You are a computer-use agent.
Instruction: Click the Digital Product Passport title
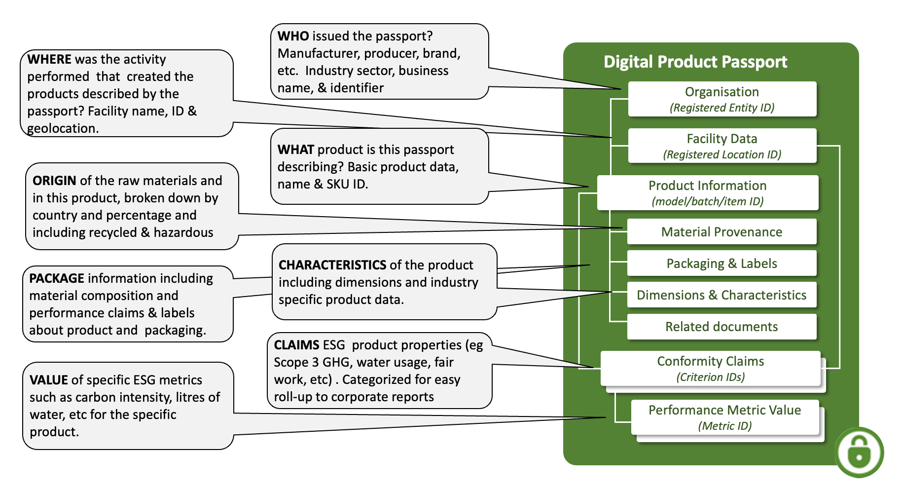[695, 62]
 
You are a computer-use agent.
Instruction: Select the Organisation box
[722, 99]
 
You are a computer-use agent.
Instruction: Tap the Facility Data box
[722, 146]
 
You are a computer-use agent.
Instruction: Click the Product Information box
[707, 193]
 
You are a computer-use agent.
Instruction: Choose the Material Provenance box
[722, 232]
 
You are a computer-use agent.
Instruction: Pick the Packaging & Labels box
[722, 264]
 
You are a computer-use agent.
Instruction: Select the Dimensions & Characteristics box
[722, 295]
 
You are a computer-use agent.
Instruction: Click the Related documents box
[722, 327]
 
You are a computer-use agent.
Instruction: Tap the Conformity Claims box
[710, 368]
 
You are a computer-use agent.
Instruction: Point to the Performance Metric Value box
[724, 417]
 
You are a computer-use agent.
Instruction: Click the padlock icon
[859, 452]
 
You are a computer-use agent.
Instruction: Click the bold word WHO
[293, 36]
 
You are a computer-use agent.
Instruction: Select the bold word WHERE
[49, 59]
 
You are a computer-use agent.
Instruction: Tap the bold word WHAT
[296, 150]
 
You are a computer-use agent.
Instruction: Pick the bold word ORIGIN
[54, 181]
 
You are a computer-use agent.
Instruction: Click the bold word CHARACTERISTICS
[332, 265]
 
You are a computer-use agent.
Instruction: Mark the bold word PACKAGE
[57, 278]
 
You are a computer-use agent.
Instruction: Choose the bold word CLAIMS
[296, 345]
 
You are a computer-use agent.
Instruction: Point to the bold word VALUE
[49, 380]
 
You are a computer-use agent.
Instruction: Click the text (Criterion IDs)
[710, 377]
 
